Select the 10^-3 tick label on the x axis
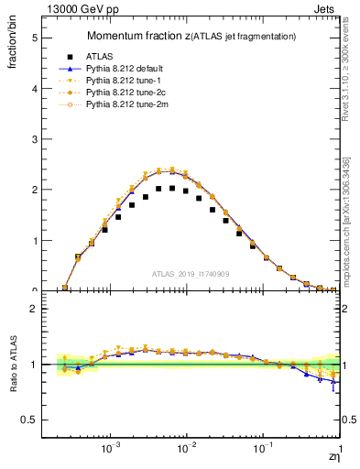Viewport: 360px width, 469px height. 111,450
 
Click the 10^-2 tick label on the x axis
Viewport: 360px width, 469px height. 187,450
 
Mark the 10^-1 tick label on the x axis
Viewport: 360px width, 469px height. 262,450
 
